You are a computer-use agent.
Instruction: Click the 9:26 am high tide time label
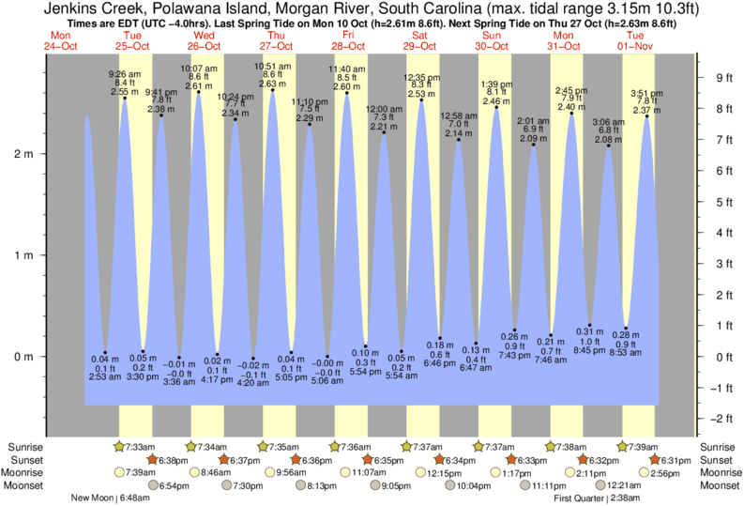tap(125, 73)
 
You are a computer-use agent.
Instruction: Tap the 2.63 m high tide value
tap(273, 84)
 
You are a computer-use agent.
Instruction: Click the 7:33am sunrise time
tap(139, 447)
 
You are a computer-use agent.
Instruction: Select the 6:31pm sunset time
tap(674, 460)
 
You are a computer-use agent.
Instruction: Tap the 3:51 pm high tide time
tap(647, 92)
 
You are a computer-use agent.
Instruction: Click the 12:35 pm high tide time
tap(421, 77)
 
